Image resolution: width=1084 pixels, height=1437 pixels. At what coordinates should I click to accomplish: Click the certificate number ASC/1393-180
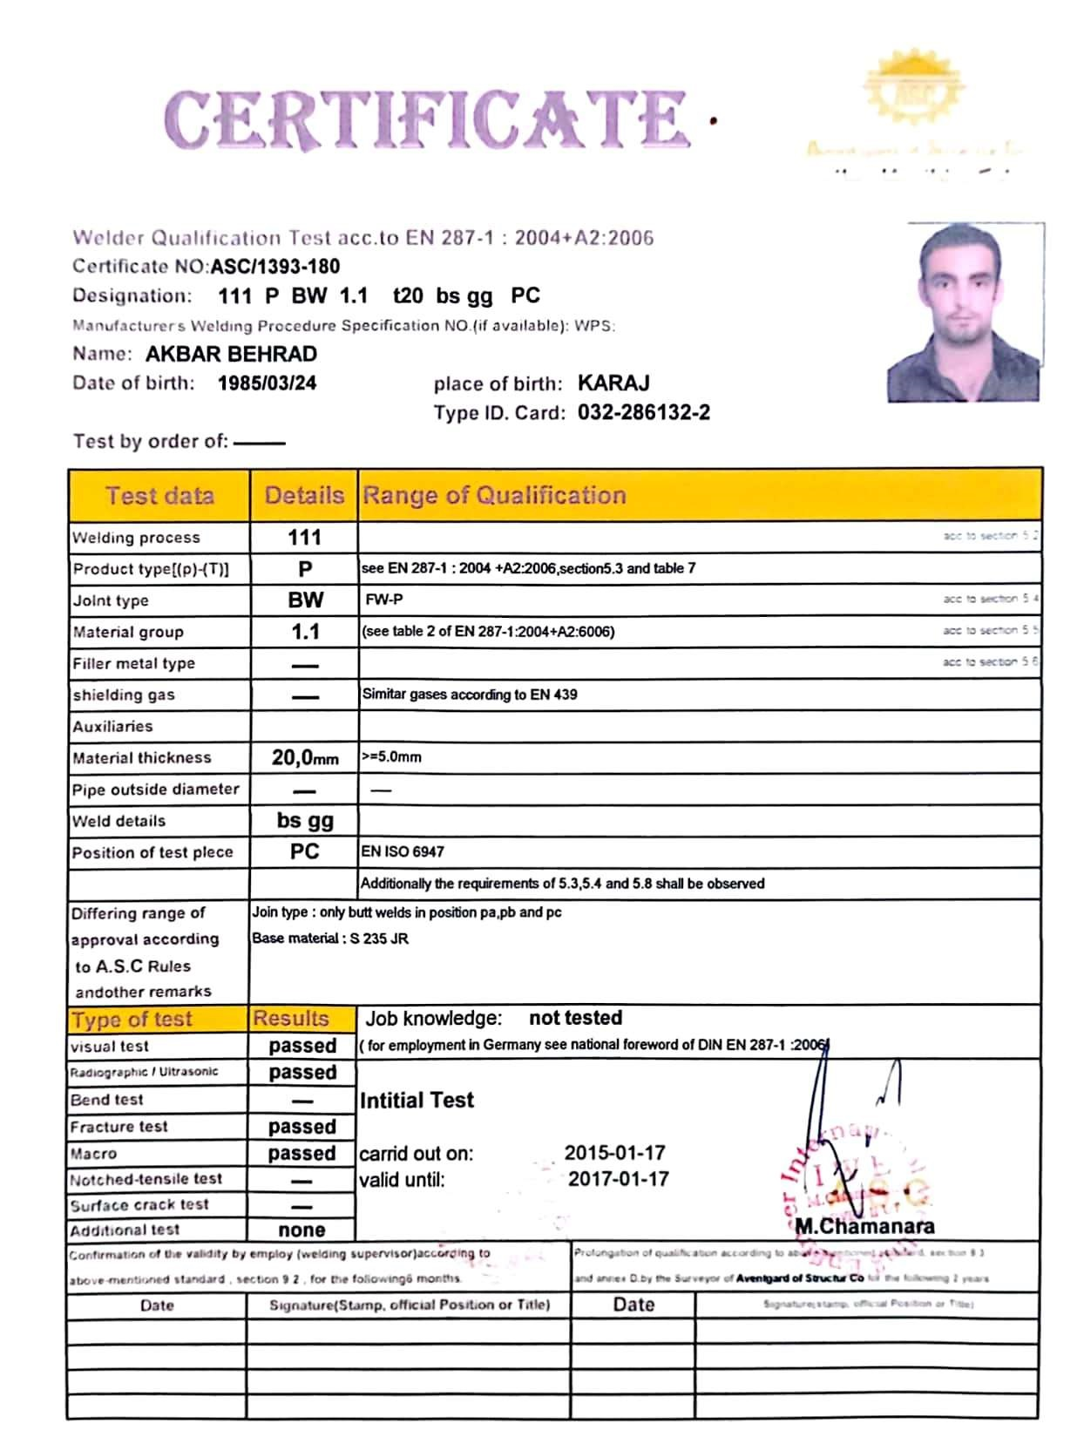275,267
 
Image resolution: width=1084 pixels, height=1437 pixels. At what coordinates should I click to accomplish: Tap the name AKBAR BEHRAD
231,354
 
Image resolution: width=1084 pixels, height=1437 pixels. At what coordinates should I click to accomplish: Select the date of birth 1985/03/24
267,383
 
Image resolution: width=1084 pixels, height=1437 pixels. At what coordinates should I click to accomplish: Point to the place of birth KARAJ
613,383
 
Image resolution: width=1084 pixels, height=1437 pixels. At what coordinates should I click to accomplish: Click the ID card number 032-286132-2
643,412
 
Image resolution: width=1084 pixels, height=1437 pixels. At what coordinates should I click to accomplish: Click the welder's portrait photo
965,312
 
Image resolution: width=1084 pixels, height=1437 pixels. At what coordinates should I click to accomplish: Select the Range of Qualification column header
494,496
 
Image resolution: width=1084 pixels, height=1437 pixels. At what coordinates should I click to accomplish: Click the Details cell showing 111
304,538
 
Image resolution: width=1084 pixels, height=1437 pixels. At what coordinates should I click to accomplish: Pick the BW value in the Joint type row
305,600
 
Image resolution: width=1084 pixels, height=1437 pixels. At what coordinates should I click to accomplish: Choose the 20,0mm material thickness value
304,757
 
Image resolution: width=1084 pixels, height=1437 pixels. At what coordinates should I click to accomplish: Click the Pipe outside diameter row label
155,790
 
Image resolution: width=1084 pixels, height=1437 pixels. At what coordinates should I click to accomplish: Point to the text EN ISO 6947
403,852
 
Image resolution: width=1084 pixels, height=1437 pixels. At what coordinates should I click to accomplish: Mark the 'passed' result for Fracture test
301,1127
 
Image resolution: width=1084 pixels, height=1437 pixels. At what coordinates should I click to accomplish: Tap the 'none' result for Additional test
301,1230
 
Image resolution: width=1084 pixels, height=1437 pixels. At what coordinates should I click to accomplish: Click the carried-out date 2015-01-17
614,1153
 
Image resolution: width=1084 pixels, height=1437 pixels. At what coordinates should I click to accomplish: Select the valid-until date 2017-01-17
618,1179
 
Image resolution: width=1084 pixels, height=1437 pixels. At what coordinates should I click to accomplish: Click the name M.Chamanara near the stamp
864,1226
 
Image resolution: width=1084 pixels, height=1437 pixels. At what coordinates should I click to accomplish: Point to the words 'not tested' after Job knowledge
575,1018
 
